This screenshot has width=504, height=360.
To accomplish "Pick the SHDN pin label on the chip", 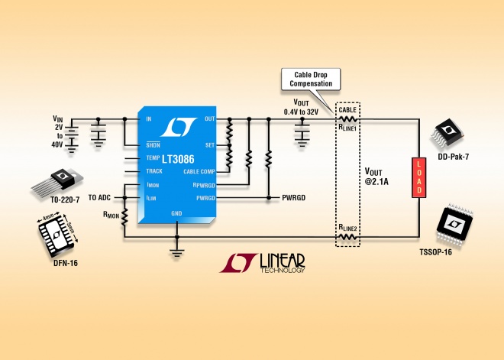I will click(153, 144).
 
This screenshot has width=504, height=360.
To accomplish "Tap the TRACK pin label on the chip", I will click(154, 171).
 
